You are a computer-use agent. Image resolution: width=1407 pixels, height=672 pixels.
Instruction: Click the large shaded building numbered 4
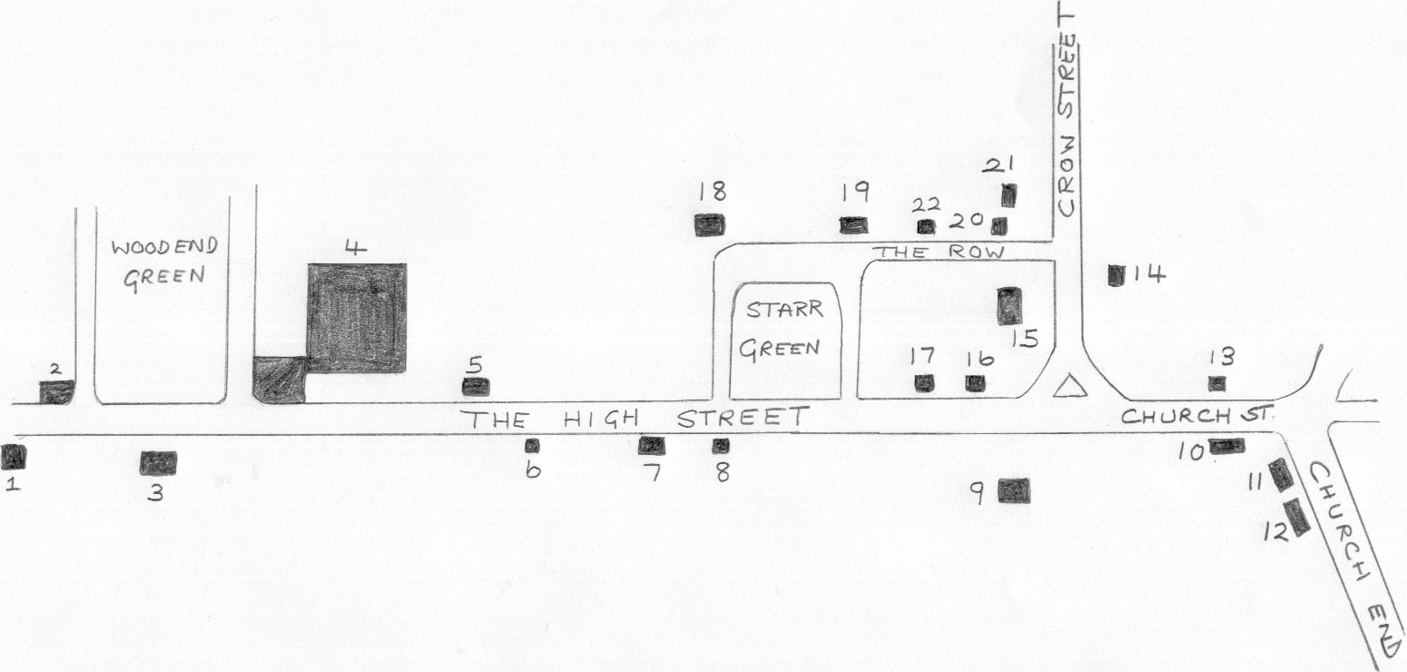pos(357,318)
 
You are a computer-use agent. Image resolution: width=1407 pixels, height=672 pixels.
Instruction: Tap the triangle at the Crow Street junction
pos(1069,388)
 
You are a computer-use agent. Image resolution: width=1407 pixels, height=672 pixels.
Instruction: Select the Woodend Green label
pos(164,264)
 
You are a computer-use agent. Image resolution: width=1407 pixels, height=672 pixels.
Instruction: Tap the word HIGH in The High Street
pos(601,419)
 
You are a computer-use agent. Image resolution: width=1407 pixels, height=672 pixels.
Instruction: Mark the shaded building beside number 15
pos(1009,305)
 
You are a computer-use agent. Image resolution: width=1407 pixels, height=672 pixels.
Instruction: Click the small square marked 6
pos(532,446)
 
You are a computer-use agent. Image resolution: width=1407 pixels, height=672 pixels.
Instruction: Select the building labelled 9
pos(1014,490)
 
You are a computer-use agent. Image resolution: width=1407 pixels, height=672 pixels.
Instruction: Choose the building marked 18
pos(710,225)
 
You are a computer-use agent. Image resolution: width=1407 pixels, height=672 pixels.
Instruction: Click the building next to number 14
pos(1116,275)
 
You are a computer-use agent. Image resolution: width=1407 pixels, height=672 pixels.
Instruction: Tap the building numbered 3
pos(158,462)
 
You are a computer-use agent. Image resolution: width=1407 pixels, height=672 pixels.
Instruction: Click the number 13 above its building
pos(1222,356)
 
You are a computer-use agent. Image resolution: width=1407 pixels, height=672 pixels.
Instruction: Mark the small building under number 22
pos(926,226)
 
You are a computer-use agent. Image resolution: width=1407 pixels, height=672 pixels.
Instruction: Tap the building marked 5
pos(476,387)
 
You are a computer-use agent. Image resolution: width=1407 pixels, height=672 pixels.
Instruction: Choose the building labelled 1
pos(13,457)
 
